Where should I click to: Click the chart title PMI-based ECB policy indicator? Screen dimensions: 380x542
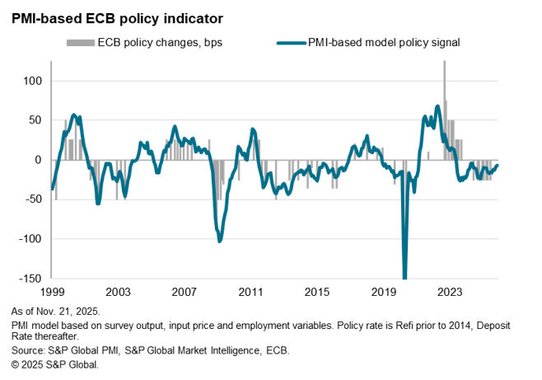click(x=116, y=16)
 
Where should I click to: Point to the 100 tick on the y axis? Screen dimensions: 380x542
click(x=31, y=81)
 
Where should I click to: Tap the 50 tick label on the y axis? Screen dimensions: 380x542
click(x=35, y=120)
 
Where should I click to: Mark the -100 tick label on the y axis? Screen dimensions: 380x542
click(x=30, y=239)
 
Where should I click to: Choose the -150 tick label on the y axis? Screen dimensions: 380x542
click(x=30, y=279)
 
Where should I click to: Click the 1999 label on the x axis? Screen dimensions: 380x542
click(x=52, y=293)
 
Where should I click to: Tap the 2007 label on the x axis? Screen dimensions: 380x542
click(x=184, y=293)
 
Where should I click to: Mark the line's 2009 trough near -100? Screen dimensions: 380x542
click(x=219, y=240)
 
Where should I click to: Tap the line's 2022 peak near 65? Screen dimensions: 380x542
click(x=437, y=107)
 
